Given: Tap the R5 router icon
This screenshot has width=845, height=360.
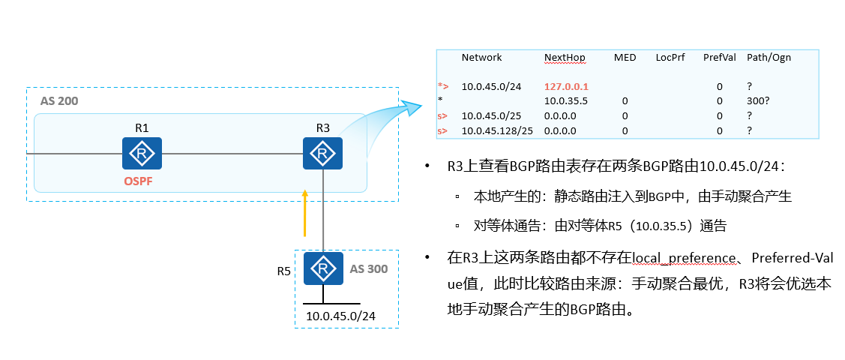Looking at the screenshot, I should (323, 268).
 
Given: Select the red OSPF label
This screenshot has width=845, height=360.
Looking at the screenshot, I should (142, 182).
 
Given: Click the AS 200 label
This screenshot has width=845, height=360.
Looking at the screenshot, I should (58, 100).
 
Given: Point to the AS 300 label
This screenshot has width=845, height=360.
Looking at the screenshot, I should (370, 268).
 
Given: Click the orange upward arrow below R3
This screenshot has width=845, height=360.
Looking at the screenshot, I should (305, 213).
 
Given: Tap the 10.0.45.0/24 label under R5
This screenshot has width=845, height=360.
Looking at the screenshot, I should (340, 316).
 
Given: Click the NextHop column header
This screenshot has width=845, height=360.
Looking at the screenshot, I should (565, 58).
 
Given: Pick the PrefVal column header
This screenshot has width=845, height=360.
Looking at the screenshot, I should (719, 58).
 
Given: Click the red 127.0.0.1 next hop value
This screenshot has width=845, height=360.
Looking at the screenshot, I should (566, 87).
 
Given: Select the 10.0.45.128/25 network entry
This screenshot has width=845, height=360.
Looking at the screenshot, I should (497, 131).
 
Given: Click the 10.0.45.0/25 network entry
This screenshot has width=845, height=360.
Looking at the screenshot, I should (491, 116).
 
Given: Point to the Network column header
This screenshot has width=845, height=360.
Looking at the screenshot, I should (481, 58).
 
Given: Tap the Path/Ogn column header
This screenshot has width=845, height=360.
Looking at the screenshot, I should (769, 58).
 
